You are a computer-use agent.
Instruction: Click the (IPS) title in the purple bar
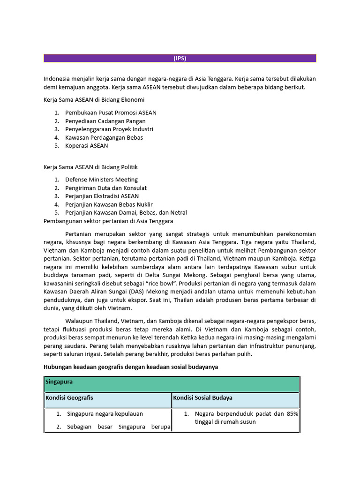(180, 58)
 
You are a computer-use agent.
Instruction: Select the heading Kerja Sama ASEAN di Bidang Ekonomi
(94, 100)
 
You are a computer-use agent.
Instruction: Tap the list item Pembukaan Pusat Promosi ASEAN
(111, 112)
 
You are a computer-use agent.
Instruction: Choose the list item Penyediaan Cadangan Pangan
(105, 121)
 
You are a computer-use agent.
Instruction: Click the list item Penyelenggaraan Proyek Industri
(109, 129)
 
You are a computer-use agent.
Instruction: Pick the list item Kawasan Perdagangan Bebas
(104, 137)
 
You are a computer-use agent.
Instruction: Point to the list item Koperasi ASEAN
(87, 145)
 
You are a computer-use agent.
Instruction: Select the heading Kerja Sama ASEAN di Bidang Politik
(90, 167)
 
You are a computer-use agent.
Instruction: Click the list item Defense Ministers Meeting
(101, 180)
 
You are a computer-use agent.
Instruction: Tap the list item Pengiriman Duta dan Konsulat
(106, 188)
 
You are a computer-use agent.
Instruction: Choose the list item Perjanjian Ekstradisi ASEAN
(102, 196)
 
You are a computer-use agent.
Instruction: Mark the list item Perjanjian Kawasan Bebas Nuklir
(109, 204)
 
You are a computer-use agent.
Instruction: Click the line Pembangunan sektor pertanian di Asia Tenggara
(108, 221)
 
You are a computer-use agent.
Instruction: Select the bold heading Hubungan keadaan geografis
(131, 367)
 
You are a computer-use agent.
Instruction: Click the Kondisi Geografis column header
(69, 398)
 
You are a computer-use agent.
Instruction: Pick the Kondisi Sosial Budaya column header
(202, 398)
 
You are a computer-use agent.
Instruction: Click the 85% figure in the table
(292, 414)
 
